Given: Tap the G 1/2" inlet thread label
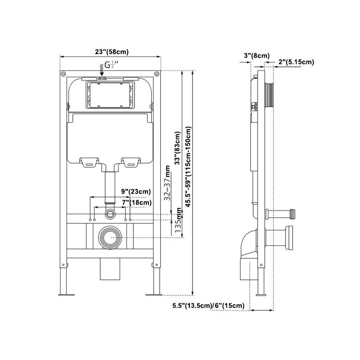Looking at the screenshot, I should pos(111,65).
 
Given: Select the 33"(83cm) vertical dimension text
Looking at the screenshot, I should pos(178,148).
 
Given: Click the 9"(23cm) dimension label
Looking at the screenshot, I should pos(136,191).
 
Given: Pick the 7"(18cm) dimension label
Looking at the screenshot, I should pos(136,202).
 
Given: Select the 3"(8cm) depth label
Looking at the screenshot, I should pos(256,55).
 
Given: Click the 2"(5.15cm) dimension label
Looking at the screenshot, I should pos(296,62).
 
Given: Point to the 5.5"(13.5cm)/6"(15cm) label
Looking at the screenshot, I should pos(208,306).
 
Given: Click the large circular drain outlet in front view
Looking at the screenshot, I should pos(110,237).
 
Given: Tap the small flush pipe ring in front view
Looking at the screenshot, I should pos(110,211).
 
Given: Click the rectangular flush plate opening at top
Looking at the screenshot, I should pos(110,95).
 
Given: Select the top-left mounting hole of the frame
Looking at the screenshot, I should pos(63,74).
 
